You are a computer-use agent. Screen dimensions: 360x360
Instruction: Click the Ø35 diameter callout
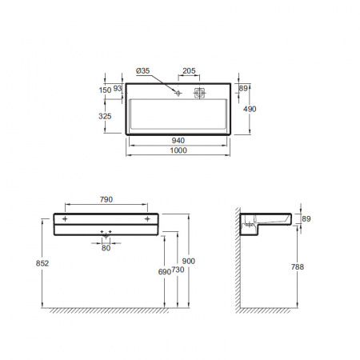point(142,71)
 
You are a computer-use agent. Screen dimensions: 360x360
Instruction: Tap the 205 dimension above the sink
point(189,70)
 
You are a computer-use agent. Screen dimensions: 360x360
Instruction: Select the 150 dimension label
point(105,90)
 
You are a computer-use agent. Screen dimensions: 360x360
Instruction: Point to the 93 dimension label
point(118,88)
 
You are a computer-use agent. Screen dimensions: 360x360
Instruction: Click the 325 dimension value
point(105,116)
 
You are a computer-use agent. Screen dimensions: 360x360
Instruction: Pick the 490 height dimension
point(250,109)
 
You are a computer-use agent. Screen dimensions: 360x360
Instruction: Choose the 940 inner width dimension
point(178,141)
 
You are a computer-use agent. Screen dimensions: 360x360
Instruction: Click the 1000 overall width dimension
point(178,150)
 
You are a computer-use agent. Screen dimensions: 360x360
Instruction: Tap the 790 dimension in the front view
point(106,199)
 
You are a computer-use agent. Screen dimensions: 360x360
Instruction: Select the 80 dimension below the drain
point(106,248)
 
